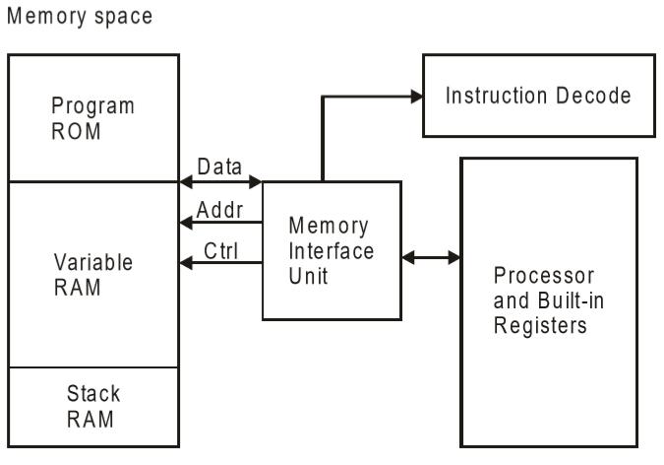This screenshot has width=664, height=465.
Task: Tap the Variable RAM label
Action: [x=92, y=277]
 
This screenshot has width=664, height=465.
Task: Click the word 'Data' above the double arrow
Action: [x=219, y=166]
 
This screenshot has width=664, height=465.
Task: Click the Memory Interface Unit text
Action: [x=331, y=250]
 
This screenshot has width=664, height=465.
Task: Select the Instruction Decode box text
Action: [x=537, y=96]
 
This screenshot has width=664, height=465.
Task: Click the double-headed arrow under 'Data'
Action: [x=220, y=182]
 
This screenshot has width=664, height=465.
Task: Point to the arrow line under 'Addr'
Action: [x=220, y=223]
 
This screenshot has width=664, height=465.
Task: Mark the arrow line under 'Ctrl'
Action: [x=220, y=263]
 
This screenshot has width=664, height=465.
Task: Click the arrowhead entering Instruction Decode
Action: [x=416, y=96]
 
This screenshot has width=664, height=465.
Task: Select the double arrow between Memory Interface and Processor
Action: [x=431, y=258]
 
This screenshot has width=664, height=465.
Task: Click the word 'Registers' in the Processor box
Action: [x=539, y=324]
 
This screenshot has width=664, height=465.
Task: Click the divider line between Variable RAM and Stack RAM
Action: [x=93, y=366]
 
